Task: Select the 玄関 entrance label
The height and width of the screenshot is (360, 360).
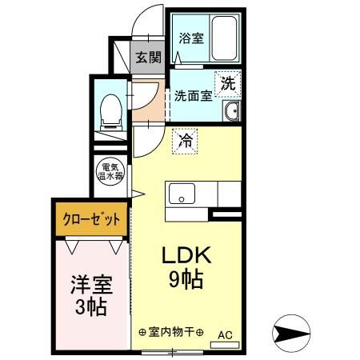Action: coord(148,58)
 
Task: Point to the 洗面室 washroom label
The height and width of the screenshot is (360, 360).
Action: coord(193,94)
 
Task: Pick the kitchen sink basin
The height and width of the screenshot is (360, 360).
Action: coord(181,194)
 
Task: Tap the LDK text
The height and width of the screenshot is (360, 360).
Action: coord(187,256)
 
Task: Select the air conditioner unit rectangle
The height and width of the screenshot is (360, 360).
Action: coord(225,345)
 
